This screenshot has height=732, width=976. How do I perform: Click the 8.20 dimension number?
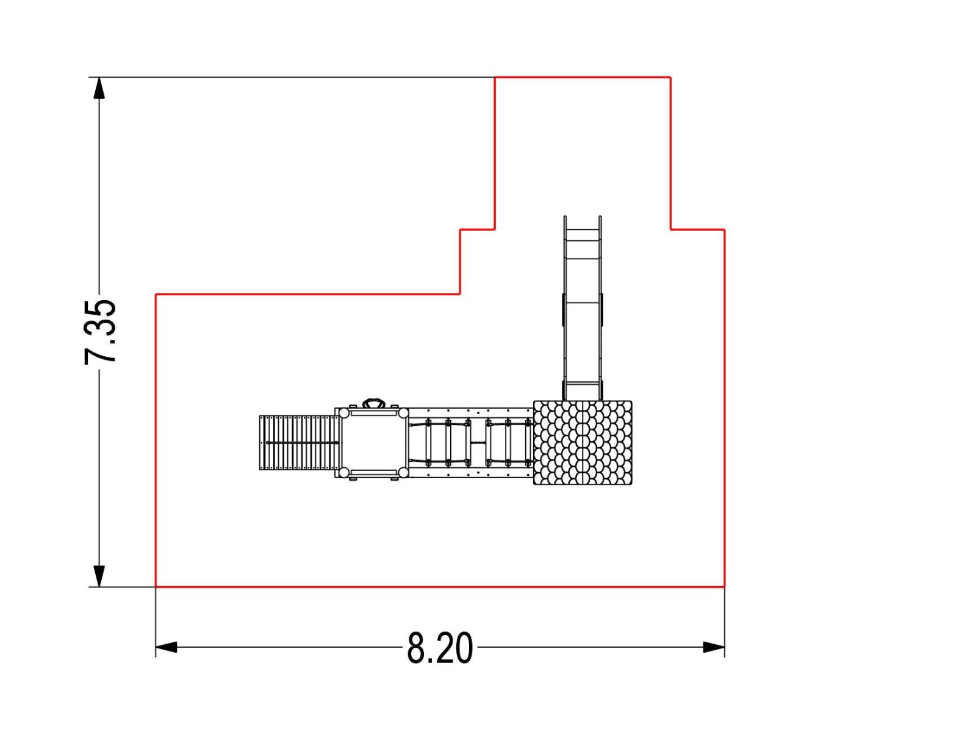[439, 648]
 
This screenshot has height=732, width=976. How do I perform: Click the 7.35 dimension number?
[100, 332]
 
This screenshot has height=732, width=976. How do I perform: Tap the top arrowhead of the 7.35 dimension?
[99, 88]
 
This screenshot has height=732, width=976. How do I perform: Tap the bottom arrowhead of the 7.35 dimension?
[99, 576]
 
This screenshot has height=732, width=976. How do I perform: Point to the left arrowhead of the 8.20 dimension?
[167, 647]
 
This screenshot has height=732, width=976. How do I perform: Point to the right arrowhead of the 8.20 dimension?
[714, 647]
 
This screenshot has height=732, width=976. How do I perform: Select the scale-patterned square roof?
[583, 443]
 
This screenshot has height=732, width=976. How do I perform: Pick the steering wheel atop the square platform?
[374, 404]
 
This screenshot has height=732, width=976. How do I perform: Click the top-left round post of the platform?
[343, 413]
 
